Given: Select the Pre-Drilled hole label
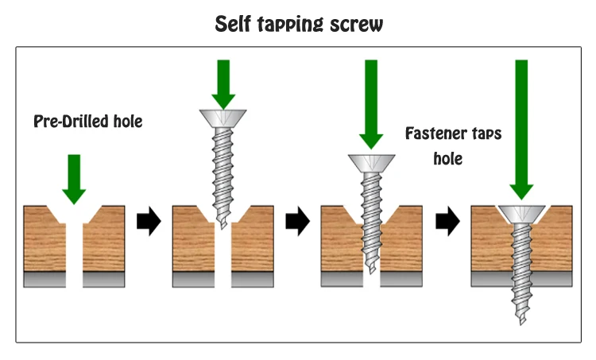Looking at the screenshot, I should (x=88, y=122).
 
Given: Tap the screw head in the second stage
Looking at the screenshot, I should (x=223, y=118).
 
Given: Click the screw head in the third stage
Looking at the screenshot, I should (x=372, y=163).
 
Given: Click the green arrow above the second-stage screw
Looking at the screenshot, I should (x=223, y=83).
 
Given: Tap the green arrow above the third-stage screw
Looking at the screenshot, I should (x=372, y=103).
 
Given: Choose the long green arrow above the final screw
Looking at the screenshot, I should (x=521, y=127).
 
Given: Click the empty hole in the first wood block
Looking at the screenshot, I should (x=74, y=246).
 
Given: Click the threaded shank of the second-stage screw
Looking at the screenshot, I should (x=223, y=175).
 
